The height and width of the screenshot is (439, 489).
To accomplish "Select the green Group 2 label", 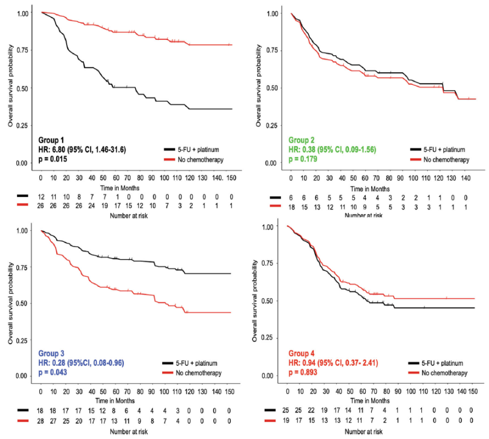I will pos(304,140).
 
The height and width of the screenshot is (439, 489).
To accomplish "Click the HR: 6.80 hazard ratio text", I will pos(82,149).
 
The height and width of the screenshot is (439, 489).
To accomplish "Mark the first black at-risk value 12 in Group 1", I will pos(41,196).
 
